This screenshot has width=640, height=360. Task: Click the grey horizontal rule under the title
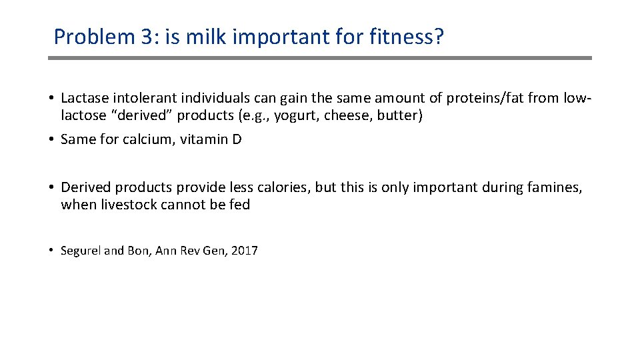(x=320, y=58)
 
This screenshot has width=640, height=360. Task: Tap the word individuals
(x=208, y=99)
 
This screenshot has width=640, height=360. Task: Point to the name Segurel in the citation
(x=81, y=251)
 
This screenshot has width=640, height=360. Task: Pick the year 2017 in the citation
(x=245, y=251)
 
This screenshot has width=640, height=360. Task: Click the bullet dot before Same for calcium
(x=51, y=141)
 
